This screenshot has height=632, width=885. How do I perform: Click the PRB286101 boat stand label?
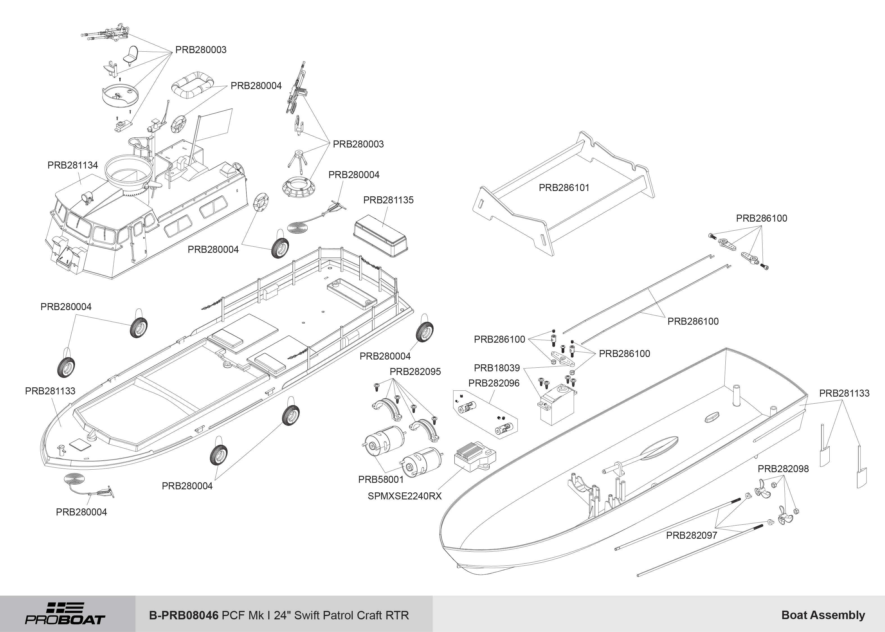[x=564, y=188]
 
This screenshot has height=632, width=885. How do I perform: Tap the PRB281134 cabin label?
[x=73, y=165]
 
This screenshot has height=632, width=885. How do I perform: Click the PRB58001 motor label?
[x=381, y=479]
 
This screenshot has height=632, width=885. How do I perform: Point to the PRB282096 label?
[x=493, y=383]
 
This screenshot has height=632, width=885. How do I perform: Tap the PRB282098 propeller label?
[x=783, y=469]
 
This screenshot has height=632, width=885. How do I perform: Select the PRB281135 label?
[x=388, y=200]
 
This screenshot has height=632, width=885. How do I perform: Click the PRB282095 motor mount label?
[x=415, y=372]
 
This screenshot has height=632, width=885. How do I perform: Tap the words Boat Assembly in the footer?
[x=823, y=615]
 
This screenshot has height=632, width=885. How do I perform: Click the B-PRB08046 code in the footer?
[x=183, y=615]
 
